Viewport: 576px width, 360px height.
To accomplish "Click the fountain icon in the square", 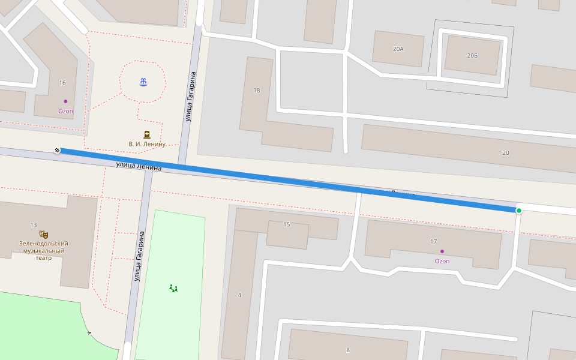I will [143, 82].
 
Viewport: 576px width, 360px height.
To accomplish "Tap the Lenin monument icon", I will [146, 134].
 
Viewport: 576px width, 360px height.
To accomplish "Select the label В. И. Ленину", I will [147, 144].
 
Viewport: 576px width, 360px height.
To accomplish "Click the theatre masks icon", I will [43, 234].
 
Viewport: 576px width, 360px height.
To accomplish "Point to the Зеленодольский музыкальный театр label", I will [41, 251].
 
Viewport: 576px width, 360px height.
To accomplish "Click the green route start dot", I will [519, 210].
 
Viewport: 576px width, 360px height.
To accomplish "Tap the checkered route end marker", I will [57, 150].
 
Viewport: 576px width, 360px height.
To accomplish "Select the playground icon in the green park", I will [173, 288].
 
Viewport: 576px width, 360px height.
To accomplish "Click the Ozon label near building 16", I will [65, 111].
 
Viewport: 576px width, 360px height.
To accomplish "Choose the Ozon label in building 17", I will [442, 261].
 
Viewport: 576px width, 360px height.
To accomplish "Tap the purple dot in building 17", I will [442, 251].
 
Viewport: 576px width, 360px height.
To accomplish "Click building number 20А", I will [398, 48].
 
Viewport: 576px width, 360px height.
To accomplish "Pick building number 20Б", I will [472, 55].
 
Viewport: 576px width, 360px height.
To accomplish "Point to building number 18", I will [257, 91].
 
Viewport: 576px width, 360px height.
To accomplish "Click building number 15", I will [286, 224].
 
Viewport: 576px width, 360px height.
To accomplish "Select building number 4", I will [239, 295].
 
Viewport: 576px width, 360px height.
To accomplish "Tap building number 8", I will [348, 350].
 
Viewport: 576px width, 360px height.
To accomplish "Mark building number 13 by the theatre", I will [34, 225].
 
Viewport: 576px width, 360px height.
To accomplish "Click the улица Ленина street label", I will [139, 166].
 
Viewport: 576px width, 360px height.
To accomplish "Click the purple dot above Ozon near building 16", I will [65, 101].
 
